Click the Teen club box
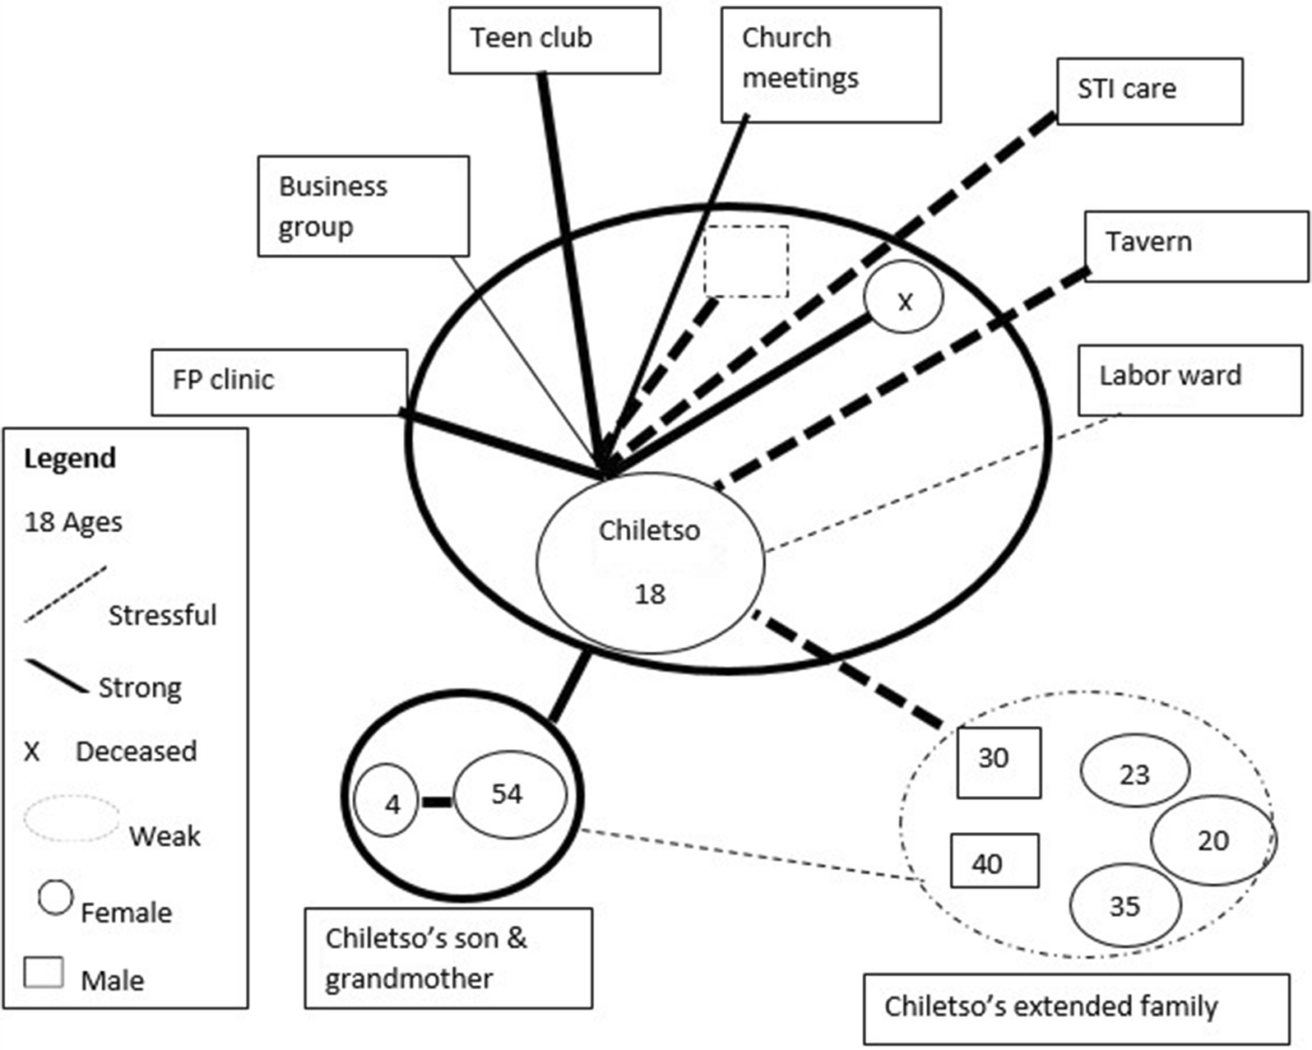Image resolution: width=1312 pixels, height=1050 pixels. coord(554,40)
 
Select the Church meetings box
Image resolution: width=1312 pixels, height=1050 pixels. coord(831,65)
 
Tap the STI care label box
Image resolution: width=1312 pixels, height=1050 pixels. coord(1149,90)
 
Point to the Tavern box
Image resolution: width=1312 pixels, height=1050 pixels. coord(1196,247)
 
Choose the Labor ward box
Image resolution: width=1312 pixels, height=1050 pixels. coord(1189,380)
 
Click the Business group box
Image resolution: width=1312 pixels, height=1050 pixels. coord(363,206)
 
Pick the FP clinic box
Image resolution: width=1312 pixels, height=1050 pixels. coord(279,382)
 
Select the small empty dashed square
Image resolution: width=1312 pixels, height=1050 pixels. coord(746,261)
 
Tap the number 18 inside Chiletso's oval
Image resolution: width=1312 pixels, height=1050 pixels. coord(649,594)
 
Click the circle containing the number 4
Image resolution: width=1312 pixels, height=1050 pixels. coord(387,801)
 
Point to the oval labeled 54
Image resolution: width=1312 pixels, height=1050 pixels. coord(510,794)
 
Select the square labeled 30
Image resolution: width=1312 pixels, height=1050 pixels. coord(999,762)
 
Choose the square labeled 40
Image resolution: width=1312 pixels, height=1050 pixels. coord(994,861)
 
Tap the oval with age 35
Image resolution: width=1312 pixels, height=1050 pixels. coord(1124,904)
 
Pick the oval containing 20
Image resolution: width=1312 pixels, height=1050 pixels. coord(1212,840)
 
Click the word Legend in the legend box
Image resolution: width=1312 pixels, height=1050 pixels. coord(70,458)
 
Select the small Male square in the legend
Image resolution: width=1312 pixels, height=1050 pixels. coord(44,971)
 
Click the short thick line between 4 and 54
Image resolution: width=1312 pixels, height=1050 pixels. coord(437,802)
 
